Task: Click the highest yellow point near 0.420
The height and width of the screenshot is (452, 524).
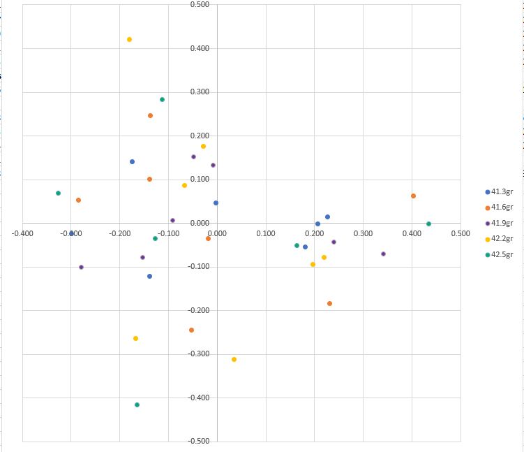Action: (129, 40)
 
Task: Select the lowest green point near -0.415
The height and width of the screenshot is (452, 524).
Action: (137, 405)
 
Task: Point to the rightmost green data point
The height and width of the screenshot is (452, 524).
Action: (428, 224)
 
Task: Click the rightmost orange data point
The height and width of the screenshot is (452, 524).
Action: (413, 196)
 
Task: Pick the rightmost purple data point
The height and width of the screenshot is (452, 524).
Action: (383, 254)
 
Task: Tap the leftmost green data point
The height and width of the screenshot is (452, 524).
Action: (58, 194)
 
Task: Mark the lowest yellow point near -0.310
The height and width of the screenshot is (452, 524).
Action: (234, 360)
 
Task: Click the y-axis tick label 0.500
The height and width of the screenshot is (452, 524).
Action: (200, 5)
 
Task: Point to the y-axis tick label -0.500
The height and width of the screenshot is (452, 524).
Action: (199, 442)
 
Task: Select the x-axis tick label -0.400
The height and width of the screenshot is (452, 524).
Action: (22, 233)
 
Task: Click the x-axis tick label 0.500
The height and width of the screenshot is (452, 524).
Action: (460, 233)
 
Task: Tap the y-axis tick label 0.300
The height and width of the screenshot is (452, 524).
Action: (200, 92)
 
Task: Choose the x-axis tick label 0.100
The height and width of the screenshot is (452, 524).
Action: (266, 233)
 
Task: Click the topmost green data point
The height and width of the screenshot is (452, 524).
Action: (162, 100)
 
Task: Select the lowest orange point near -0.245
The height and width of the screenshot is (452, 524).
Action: (191, 330)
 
